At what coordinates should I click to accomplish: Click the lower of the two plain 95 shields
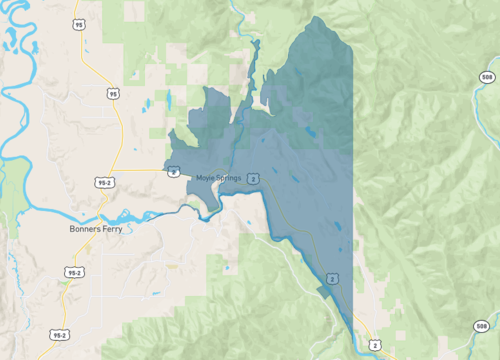coord(113,93)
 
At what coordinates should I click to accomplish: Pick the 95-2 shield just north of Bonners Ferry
coord(103,184)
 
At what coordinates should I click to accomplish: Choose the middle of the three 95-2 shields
coord(73,272)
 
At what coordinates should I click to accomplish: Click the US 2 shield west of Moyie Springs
coord(173,170)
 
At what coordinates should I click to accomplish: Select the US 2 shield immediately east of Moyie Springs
coord(254,178)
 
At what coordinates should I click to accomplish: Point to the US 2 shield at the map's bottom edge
coord(373,345)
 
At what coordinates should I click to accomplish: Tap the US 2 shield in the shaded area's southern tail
coord(330,277)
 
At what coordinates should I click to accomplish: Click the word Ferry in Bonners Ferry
coord(86,228)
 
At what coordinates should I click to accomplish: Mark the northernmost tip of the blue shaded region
coord(319,17)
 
